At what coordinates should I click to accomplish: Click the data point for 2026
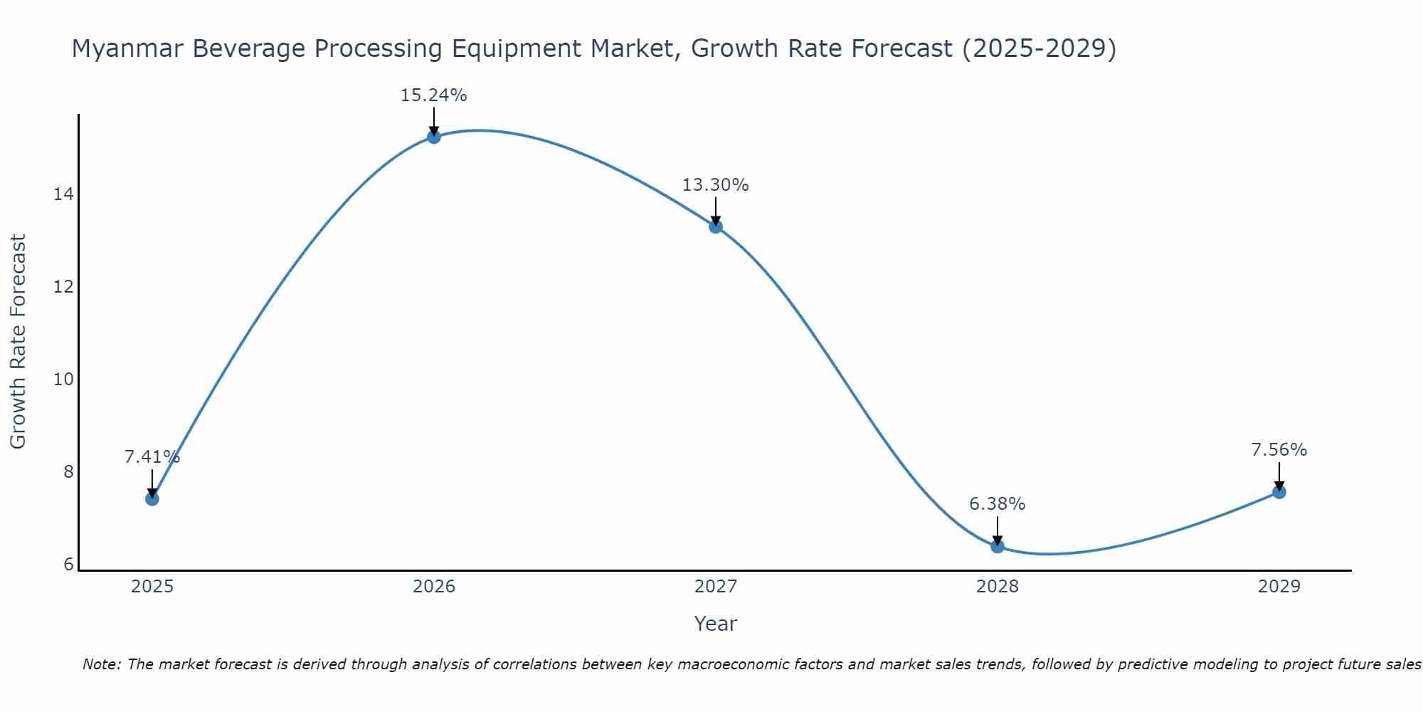coord(434,137)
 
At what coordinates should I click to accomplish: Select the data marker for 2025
coord(152,498)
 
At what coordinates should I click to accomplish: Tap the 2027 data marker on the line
coord(716,226)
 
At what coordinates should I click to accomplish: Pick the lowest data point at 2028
coord(998,546)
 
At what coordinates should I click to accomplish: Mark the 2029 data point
coord(1279,492)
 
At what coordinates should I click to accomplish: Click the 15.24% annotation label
coord(433,95)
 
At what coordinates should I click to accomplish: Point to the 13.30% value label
coord(715,185)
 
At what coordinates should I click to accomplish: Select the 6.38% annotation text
coord(997,504)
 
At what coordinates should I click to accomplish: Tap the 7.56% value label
coord(1279,450)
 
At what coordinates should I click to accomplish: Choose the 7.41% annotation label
coord(152,457)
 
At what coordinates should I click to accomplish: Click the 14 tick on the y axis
coord(63,194)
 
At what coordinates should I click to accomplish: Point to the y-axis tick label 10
coord(63,379)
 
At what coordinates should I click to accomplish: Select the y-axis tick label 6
coord(68,565)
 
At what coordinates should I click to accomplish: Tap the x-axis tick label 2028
coord(998,587)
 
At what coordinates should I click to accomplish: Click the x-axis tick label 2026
coord(434,587)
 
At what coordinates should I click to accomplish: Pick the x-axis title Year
coord(715,624)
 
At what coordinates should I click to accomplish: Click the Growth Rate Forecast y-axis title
coord(18,342)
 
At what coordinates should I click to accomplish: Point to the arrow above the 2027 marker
coord(716,211)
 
